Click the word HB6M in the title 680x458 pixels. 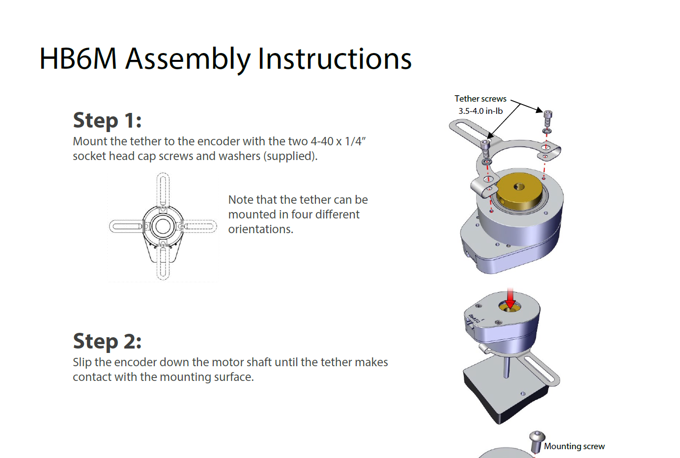point(78,59)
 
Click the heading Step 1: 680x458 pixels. point(107,120)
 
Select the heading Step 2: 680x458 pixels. point(107,341)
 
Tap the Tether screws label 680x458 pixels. point(480,99)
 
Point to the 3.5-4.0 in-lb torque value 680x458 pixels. point(481,111)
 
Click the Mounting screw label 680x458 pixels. point(574,446)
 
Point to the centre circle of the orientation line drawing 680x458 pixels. point(163,226)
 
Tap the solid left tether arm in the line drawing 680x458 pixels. point(125,226)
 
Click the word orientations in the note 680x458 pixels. point(260,229)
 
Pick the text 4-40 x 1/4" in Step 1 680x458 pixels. point(338,141)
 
